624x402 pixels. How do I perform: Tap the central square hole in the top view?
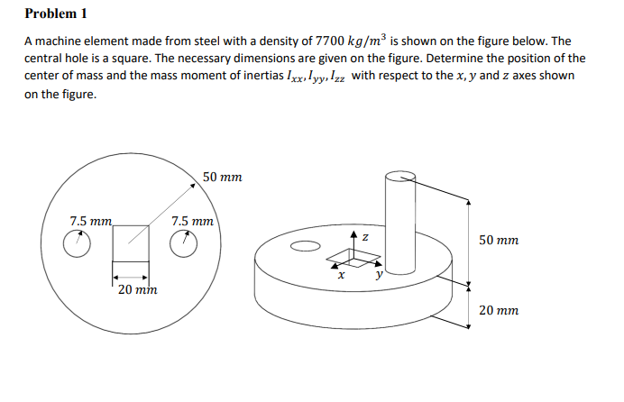click(x=131, y=242)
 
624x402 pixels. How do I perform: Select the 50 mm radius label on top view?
click(x=222, y=178)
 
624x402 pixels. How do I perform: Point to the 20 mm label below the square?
click(x=138, y=290)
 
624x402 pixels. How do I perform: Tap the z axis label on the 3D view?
click(x=364, y=235)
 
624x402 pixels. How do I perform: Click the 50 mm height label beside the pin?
click(x=499, y=242)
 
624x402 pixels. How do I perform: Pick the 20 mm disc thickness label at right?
click(x=499, y=309)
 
